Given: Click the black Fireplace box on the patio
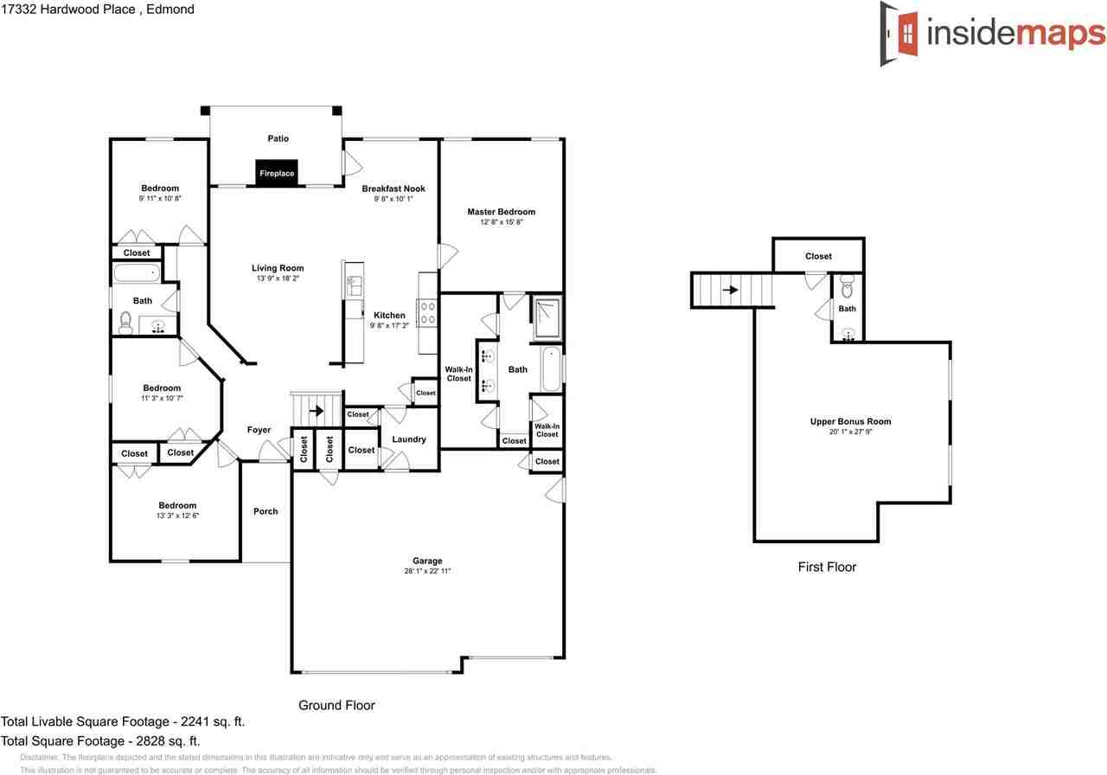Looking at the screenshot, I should (x=277, y=172).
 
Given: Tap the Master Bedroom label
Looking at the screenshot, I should (x=501, y=212).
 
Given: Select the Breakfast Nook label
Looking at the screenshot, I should (x=394, y=189).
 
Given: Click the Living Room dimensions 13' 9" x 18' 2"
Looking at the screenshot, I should (x=278, y=279).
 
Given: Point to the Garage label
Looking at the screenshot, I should (x=427, y=560).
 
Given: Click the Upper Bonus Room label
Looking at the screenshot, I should (x=850, y=422).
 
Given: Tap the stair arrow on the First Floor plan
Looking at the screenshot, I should (x=731, y=290).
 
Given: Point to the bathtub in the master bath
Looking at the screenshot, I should (x=551, y=368).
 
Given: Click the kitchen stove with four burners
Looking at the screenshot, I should (x=427, y=312).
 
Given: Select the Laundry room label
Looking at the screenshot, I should (x=408, y=439).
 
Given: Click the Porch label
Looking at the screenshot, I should (x=266, y=511).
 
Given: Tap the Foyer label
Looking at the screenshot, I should (x=259, y=430).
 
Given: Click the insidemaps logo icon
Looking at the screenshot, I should (x=900, y=34).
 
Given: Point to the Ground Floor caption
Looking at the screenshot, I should (x=336, y=705).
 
